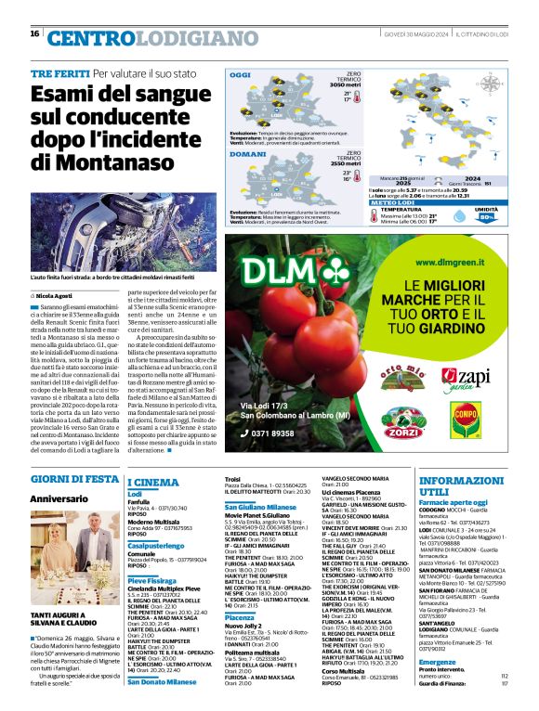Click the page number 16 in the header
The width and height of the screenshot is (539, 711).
point(34,34)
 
